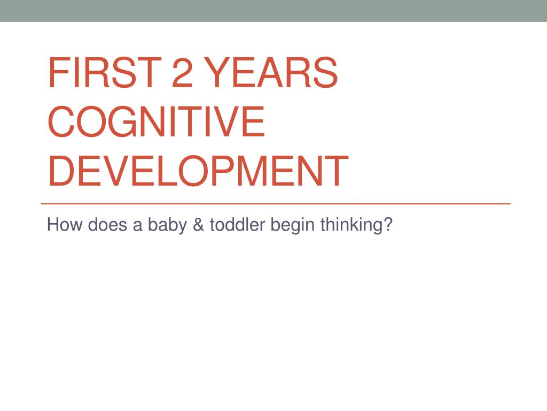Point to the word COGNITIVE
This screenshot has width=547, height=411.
point(157,121)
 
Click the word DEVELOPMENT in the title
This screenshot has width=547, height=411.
point(198,171)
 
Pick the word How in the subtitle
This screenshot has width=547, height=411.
point(65,225)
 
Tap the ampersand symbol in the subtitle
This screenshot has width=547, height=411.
point(198,225)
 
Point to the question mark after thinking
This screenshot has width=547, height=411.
point(388,225)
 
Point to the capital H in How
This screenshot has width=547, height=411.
point(53,225)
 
